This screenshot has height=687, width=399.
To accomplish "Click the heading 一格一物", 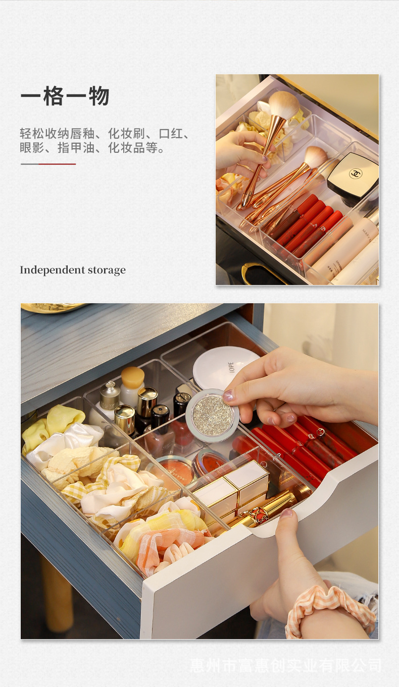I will (65, 96).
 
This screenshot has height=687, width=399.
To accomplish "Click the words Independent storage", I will (73, 270).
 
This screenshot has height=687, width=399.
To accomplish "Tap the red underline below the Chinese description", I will (57, 164).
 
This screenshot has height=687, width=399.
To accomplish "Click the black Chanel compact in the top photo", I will (353, 175).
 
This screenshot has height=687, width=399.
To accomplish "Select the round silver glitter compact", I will (212, 415).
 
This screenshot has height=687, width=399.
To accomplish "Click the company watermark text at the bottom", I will (286, 665).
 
